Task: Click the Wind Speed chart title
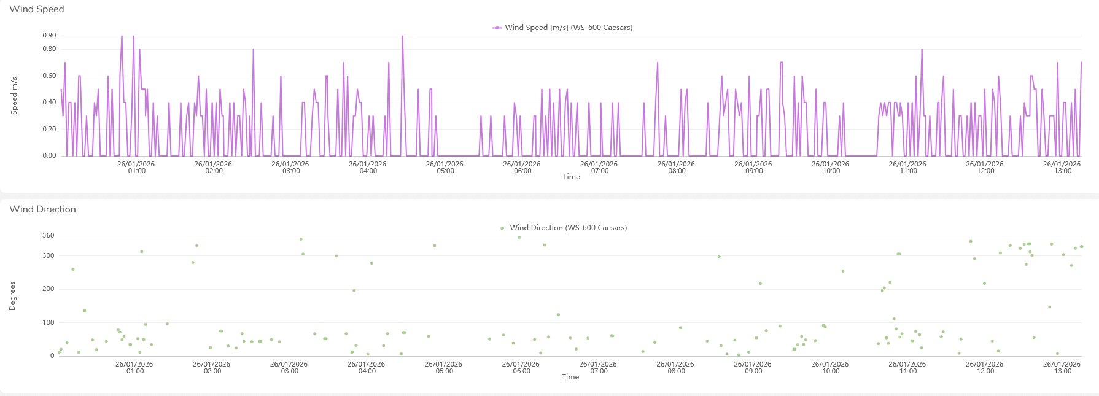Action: click(37, 9)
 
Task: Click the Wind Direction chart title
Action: click(43, 209)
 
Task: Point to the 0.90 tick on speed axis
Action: click(49, 36)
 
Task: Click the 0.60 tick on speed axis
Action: click(49, 76)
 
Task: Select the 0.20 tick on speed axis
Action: click(49, 130)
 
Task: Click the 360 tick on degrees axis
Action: click(49, 236)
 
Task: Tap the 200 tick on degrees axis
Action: click(49, 289)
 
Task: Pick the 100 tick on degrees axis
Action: click(49, 323)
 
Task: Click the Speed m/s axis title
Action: click(14, 96)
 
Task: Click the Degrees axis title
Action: click(12, 296)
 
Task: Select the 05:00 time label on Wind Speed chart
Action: click(445, 168)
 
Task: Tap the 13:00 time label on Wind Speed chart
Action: click(1062, 168)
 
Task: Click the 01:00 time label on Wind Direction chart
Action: click(134, 368)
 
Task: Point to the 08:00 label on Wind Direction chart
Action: click(675, 368)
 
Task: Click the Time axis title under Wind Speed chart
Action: click(571, 177)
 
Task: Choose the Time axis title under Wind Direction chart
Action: click(570, 377)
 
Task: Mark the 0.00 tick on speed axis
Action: click(49, 156)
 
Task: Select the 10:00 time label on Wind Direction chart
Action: click(830, 368)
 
